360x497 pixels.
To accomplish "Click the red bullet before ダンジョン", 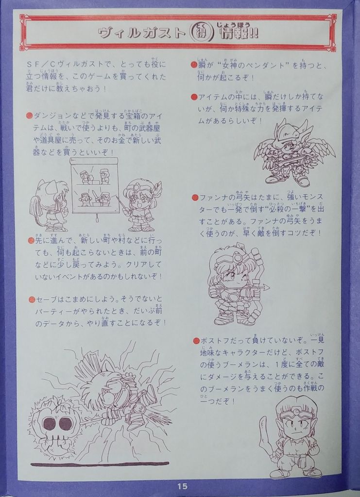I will coord(29,116).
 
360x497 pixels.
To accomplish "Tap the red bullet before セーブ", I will coord(29,299).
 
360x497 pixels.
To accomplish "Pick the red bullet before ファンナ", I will coord(194,198).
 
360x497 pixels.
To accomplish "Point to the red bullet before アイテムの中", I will coord(194,97).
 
